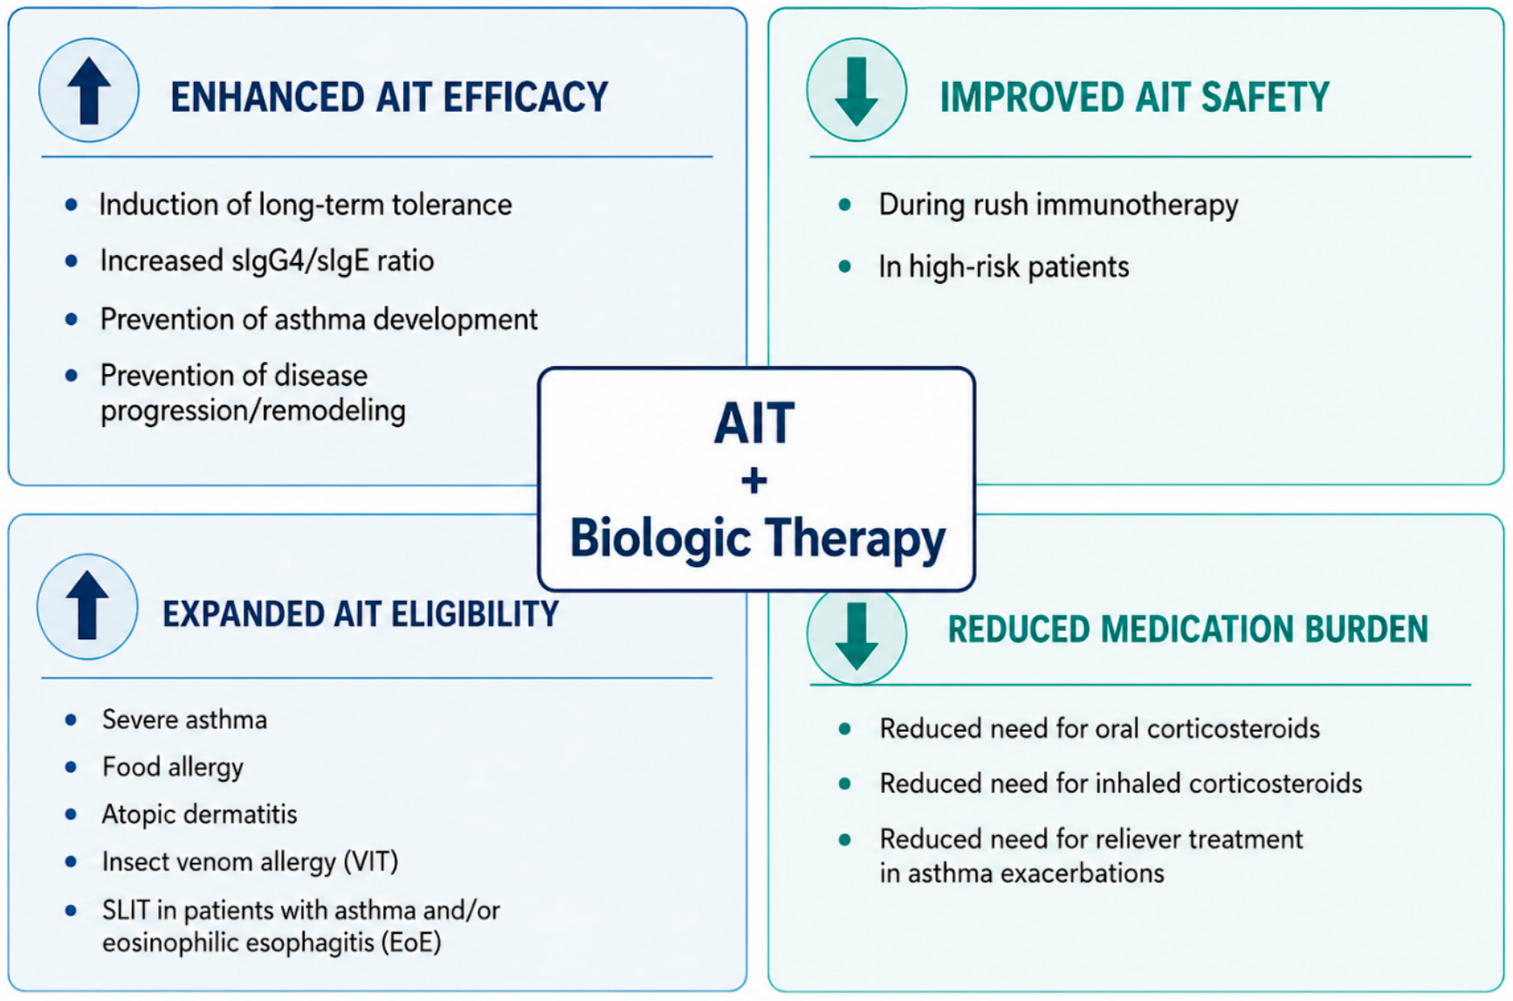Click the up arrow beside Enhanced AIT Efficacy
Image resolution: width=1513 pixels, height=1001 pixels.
pyautogui.click(x=89, y=91)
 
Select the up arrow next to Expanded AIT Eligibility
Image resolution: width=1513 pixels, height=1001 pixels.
pyautogui.click(x=87, y=605)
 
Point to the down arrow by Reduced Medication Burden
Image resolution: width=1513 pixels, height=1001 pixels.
pyautogui.click(x=856, y=635)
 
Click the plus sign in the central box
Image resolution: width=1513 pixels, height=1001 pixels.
pyautogui.click(x=754, y=480)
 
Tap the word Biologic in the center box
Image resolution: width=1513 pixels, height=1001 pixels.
pyautogui.click(x=661, y=538)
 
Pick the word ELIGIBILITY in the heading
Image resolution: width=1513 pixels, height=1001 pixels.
pyautogui.click(x=475, y=614)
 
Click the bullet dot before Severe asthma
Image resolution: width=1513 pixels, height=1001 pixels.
pyautogui.click(x=72, y=720)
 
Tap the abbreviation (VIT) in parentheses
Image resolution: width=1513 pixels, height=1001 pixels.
pyautogui.click(x=371, y=862)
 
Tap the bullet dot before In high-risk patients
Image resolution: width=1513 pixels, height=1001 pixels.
pyautogui.click(x=845, y=266)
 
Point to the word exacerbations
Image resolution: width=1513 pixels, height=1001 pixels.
pyautogui.click(x=1082, y=873)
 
